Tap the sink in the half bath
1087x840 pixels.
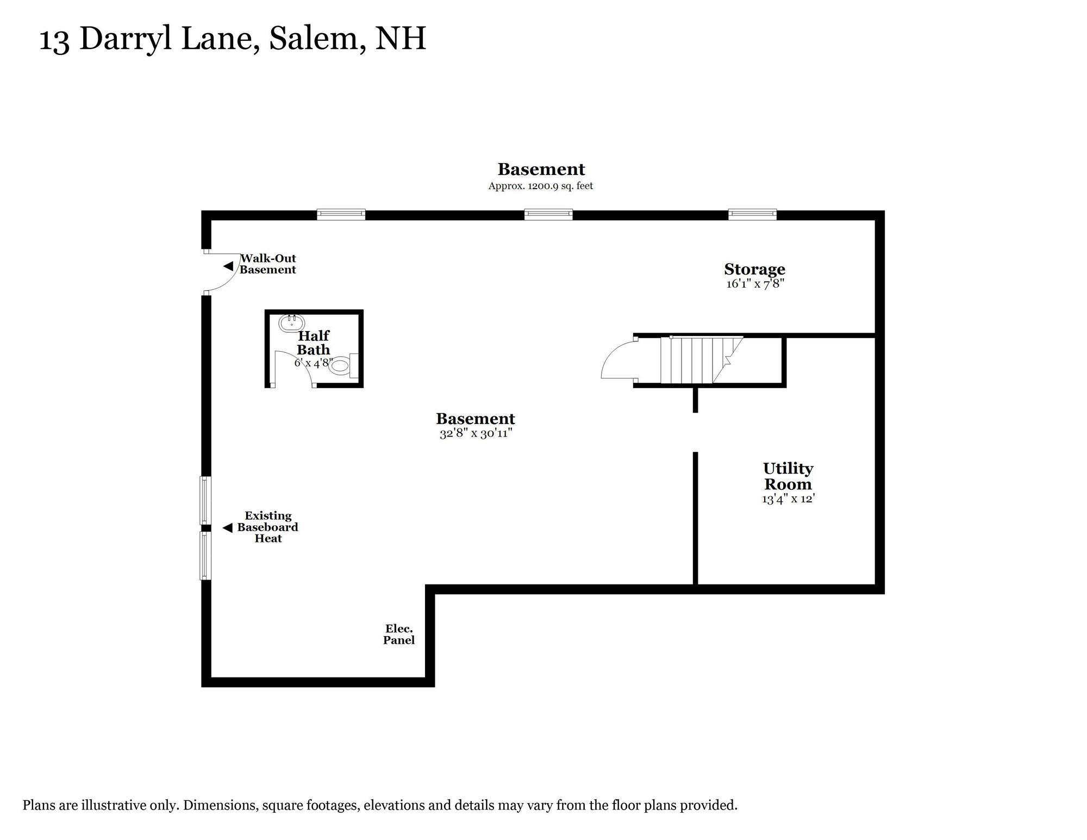[x=291, y=323]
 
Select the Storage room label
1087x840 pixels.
[x=754, y=269]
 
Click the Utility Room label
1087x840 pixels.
[x=788, y=476]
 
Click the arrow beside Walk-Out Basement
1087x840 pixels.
[x=228, y=266]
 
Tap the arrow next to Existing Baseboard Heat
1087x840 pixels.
[x=228, y=527]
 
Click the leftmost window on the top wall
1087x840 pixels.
[x=341, y=214]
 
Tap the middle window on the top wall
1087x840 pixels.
[x=548, y=214]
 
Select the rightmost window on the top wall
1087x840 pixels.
[x=752, y=214]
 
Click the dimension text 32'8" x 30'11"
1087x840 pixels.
[x=476, y=433]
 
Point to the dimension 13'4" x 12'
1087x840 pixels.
[x=788, y=499]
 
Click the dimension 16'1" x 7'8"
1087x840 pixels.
[x=755, y=283]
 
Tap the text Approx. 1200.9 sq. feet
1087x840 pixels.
[x=540, y=186]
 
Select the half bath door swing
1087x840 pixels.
[x=292, y=367]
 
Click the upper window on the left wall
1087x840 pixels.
[x=205, y=500]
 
